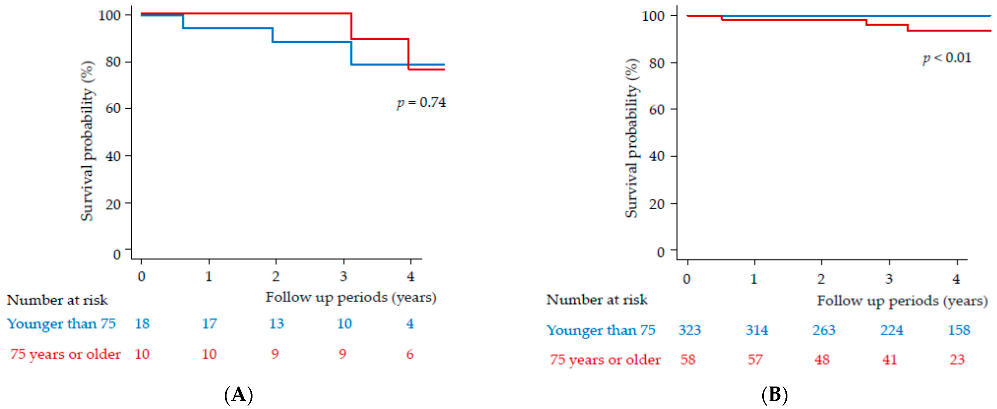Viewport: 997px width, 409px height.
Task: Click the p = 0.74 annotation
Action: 422,103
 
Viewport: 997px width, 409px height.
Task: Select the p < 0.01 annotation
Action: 947,58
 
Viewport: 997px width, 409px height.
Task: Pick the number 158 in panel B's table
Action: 959,330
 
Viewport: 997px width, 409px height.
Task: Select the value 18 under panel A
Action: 142,323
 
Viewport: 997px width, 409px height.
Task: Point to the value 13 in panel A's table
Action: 276,323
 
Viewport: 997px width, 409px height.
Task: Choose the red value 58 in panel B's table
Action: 688,360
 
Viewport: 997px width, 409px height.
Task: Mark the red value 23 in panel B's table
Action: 957,360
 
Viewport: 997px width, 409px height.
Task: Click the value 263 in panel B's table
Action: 824,330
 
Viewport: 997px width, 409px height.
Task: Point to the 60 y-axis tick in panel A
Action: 113,108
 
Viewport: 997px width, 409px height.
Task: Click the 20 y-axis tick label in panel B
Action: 657,204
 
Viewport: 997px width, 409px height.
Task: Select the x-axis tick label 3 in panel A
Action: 344,276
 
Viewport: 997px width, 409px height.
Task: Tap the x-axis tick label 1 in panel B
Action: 754,279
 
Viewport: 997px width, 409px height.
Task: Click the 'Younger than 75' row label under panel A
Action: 61,323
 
